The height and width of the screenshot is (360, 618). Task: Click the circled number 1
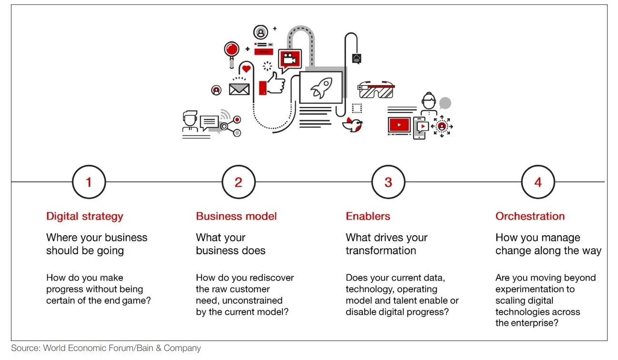pyautogui.click(x=89, y=182)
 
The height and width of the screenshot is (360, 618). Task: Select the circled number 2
pyautogui.click(x=239, y=182)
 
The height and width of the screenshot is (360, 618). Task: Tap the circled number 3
pyautogui.click(x=388, y=182)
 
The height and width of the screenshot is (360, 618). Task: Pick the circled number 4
pyautogui.click(x=538, y=182)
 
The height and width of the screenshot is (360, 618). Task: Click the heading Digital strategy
pyautogui.click(x=84, y=216)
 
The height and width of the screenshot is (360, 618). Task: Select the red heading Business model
pyautogui.click(x=236, y=216)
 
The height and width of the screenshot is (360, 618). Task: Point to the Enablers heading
pyautogui.click(x=368, y=216)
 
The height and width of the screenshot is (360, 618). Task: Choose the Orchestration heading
pyautogui.click(x=530, y=216)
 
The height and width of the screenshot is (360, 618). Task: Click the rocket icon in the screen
pyautogui.click(x=320, y=88)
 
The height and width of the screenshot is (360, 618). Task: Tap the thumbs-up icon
pyautogui.click(x=276, y=83)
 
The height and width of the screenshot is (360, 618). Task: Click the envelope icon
pyautogui.click(x=239, y=89)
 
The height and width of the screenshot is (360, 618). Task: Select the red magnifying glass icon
pyautogui.click(x=231, y=50)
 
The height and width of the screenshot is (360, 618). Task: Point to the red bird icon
pyautogui.click(x=353, y=124)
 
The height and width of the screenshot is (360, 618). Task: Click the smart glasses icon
pyautogui.click(x=376, y=89)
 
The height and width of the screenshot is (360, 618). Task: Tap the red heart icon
pyautogui.click(x=246, y=69)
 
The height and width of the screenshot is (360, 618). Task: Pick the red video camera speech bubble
pyautogui.click(x=290, y=59)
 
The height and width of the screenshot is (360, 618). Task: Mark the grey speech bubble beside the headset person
pyautogui.click(x=445, y=103)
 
